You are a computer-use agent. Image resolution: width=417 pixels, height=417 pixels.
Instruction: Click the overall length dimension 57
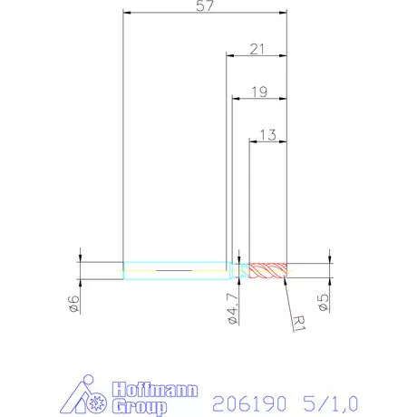[205, 7]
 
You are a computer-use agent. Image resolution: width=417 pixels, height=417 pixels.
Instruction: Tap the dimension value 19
[259, 92]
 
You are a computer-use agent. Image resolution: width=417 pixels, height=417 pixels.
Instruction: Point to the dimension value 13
[267, 134]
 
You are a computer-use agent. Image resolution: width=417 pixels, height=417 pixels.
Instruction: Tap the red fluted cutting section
[268, 269]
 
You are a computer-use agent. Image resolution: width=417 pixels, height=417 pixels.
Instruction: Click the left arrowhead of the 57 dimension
[127, 15]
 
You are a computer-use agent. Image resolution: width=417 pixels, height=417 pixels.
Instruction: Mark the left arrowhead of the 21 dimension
[230, 56]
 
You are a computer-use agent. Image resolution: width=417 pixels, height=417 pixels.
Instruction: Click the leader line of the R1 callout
[289, 295]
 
